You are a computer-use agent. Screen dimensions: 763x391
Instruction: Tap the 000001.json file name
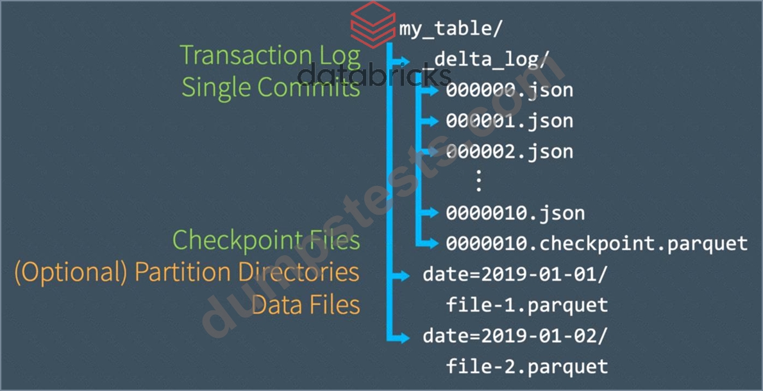tap(510, 121)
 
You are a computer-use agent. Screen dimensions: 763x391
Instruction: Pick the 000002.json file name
tap(510, 151)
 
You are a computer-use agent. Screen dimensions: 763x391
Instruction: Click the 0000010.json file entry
tap(516, 213)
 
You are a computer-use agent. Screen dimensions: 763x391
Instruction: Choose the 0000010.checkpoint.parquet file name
tap(596, 243)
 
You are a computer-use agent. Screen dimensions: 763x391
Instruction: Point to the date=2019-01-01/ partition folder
tap(516, 275)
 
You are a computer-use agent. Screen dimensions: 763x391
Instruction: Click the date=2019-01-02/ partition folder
tap(516, 336)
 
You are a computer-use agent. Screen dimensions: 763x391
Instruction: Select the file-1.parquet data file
tap(527, 305)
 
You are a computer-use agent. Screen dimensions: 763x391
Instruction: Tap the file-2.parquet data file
tap(527, 366)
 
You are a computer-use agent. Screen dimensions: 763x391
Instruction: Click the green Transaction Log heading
tap(271, 56)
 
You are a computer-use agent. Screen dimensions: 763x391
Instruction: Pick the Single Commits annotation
tap(271, 88)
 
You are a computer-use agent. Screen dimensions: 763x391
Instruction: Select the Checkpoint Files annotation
tap(267, 240)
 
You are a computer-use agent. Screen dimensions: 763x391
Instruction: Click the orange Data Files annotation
tap(306, 305)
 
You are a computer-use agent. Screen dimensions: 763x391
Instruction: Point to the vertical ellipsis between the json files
tap(478, 181)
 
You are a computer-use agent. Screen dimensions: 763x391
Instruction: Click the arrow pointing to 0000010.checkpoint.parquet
tap(428, 243)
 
